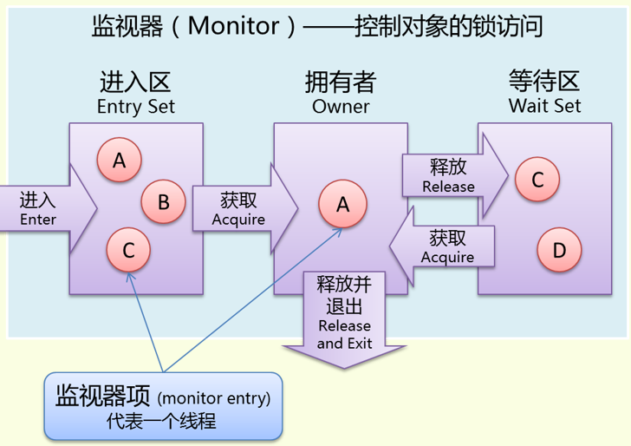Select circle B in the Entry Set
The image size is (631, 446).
[163, 203]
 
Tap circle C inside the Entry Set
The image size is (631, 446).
[128, 251]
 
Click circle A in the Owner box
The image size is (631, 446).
[342, 205]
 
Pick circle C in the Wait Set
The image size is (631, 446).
[537, 180]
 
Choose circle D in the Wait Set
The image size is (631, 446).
[559, 251]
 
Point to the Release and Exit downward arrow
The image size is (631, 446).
[344, 321]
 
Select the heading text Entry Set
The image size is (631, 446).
[136, 107]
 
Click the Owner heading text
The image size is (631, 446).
[341, 107]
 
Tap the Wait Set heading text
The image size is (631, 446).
[544, 106]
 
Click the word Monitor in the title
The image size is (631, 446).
[234, 26]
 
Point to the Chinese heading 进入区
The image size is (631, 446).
[136, 82]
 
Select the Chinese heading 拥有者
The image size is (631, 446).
[341, 82]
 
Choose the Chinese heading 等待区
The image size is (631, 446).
[544, 82]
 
